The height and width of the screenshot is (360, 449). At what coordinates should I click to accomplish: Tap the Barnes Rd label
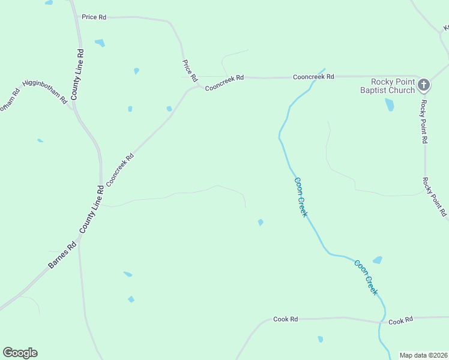click(62, 255)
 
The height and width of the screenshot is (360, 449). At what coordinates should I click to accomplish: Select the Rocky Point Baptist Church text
click(393, 86)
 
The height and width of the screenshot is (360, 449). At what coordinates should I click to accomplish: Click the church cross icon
click(423, 85)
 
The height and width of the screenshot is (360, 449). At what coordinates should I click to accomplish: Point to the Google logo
click(20, 353)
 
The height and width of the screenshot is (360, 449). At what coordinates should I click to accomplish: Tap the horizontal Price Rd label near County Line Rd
click(94, 17)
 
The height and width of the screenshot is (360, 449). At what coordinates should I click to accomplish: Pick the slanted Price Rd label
click(190, 71)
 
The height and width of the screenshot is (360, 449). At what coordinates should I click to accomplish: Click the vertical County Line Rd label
click(77, 74)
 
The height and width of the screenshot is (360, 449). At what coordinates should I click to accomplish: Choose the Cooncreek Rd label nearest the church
click(313, 77)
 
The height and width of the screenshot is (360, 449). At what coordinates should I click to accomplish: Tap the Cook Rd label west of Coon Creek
click(285, 319)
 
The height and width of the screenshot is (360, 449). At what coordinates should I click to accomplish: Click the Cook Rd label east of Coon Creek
click(400, 322)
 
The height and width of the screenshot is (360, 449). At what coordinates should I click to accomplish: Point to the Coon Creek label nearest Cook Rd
click(366, 277)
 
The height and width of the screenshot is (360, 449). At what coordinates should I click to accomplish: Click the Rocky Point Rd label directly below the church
click(424, 121)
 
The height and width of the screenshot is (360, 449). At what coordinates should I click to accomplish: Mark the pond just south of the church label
click(390, 104)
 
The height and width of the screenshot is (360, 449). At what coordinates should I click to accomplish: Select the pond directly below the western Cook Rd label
click(321, 339)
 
